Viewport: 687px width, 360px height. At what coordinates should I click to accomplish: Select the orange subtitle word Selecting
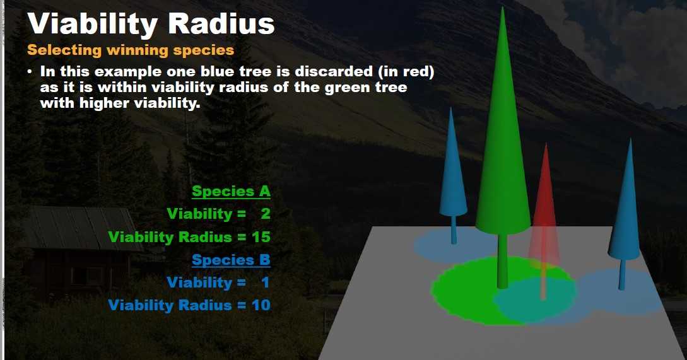[64, 50]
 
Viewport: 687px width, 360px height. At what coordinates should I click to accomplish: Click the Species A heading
[231, 191]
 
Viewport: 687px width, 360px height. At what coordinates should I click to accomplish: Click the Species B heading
[231, 260]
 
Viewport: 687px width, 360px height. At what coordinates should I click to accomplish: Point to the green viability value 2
[265, 214]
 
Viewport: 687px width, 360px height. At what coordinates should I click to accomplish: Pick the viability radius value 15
[261, 237]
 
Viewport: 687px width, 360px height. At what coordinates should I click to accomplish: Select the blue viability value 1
[265, 282]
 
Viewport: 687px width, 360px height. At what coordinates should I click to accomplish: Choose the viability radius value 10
[261, 305]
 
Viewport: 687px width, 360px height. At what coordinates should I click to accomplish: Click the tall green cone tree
[503, 127]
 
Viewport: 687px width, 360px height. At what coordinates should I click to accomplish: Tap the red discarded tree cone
[544, 206]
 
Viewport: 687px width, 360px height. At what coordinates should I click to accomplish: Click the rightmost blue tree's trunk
[622, 274]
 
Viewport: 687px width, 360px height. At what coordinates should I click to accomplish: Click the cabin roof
[79, 228]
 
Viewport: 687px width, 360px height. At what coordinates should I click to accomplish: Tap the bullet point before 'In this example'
[30, 71]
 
